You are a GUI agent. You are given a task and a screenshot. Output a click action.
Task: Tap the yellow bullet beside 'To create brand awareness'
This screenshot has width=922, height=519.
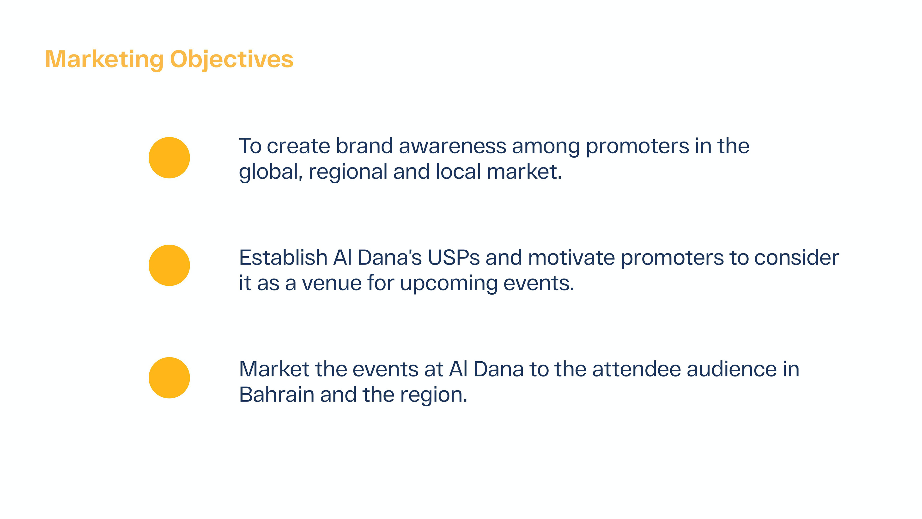169,158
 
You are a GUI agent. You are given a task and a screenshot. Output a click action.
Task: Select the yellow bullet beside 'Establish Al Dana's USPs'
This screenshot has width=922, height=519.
169,266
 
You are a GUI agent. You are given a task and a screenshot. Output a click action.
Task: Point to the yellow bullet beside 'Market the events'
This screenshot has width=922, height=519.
169,378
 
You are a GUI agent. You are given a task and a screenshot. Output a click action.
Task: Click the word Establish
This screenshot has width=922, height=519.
283,258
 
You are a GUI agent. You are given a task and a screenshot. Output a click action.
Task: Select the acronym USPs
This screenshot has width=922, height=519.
454,258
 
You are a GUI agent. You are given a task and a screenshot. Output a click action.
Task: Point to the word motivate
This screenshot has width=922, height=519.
571,258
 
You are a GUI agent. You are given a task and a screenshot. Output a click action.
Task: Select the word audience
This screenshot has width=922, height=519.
732,369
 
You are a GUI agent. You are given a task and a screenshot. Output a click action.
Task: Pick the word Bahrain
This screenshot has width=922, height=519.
277,395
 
